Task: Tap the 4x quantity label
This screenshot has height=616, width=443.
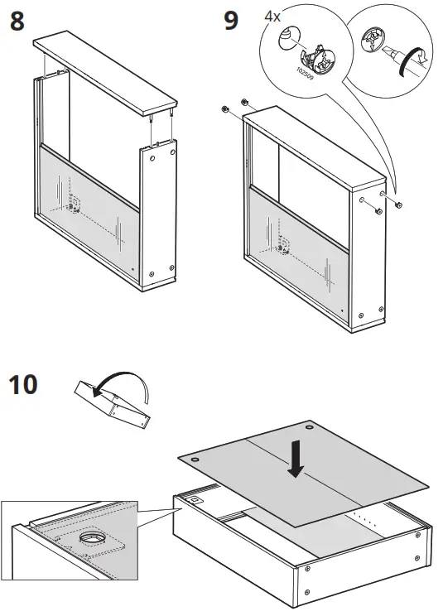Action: coord(273,17)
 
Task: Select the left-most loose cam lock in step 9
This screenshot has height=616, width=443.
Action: coord(224,110)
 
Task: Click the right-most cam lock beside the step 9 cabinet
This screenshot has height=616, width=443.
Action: coord(399,205)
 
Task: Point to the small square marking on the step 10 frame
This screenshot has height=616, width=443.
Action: coord(196,499)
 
